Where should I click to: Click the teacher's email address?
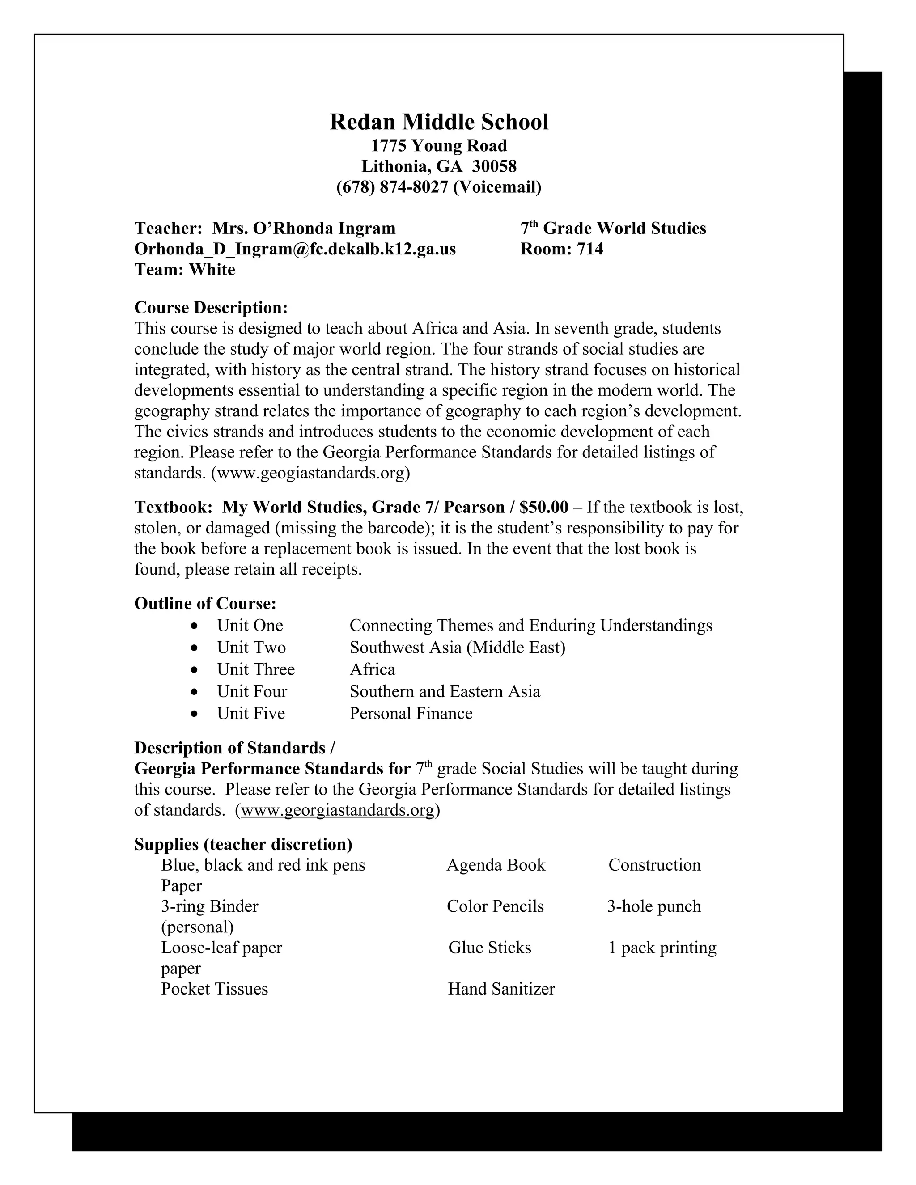(295, 249)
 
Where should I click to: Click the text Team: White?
(185, 270)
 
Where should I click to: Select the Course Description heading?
(211, 308)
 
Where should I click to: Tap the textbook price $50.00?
(544, 508)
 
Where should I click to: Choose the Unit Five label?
(251, 714)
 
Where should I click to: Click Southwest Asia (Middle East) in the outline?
(457, 648)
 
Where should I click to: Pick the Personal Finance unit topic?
(411, 714)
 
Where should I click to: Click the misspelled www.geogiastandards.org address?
(310, 473)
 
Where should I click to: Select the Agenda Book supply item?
(496, 865)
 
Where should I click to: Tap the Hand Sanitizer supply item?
(501, 989)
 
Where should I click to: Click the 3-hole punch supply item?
(654, 907)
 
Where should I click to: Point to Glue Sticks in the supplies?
(489, 948)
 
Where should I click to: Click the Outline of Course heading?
(205, 604)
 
